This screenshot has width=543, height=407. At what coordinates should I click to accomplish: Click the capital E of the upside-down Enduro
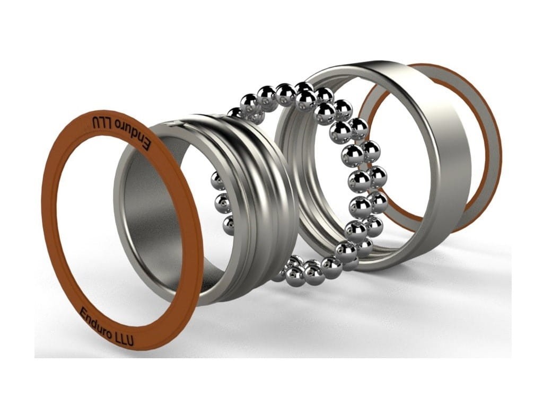coord(147,145)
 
